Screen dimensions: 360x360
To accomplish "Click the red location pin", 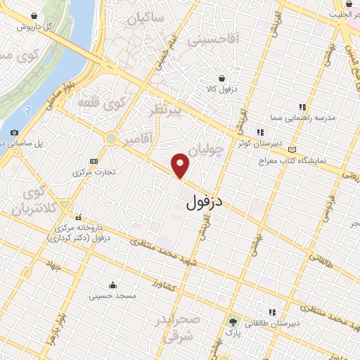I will click(181, 165).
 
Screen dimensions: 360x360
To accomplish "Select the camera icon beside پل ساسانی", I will click(15, 132).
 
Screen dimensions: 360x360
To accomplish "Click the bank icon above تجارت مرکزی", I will click(94, 161).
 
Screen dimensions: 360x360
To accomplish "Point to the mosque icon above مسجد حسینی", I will click(112, 285).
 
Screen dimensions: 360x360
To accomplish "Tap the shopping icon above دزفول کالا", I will click(222, 78).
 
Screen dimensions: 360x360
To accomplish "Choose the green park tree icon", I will click(233, 323).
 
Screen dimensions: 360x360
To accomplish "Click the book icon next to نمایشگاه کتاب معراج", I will click(291, 150).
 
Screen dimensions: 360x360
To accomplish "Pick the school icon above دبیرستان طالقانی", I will click(271, 312).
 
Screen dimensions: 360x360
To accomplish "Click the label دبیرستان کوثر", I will click(259, 142).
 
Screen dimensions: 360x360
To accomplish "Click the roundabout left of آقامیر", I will click(111, 139).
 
